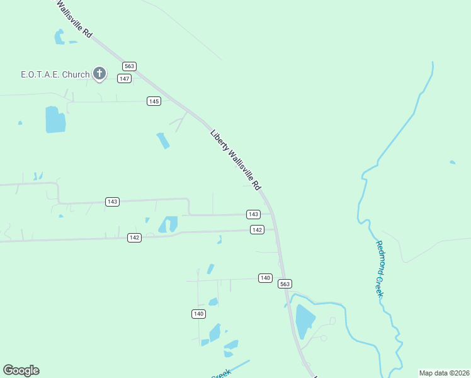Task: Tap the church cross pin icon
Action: point(99,74)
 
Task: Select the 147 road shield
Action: point(125,78)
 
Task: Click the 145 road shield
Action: point(154,101)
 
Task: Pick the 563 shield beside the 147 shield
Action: point(130,66)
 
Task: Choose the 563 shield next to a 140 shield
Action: point(285,283)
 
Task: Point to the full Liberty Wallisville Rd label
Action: point(235,160)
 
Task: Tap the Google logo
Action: point(21,370)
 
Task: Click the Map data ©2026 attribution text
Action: point(444,372)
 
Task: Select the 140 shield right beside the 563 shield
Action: point(265,278)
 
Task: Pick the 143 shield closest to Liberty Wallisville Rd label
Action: point(253,214)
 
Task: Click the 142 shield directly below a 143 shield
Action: point(256,230)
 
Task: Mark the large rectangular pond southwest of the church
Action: point(55,119)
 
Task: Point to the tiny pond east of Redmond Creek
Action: point(452,163)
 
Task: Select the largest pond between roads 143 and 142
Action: point(169,224)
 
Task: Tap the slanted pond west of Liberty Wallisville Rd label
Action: point(163,140)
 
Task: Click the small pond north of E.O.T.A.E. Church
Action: point(60,37)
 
